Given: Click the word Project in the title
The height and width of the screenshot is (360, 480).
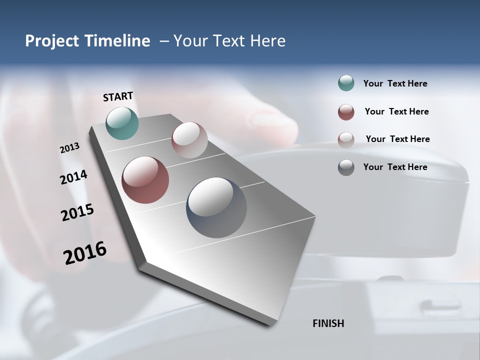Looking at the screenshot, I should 50,41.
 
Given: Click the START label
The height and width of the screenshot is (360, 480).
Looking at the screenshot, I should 118,96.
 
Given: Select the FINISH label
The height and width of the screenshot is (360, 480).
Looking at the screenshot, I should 328,323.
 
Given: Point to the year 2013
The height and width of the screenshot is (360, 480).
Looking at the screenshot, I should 69,148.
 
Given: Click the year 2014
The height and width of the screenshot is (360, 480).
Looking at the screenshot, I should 73,177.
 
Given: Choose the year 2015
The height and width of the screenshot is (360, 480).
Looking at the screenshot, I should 77,212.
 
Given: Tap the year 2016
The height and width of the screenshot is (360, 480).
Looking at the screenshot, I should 85,252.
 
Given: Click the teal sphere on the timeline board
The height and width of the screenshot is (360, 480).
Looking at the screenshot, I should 122,123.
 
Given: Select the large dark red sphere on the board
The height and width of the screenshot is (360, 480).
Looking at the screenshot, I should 145,180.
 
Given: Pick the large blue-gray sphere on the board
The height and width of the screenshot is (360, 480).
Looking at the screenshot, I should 216,207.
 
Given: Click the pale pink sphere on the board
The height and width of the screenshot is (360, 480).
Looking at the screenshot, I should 189,139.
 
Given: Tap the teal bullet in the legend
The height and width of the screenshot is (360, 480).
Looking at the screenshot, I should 346,83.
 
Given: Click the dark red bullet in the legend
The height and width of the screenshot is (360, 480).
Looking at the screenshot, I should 346,112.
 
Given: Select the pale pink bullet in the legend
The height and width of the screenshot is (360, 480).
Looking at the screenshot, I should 346,139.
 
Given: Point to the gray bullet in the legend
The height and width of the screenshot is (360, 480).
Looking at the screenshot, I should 346,167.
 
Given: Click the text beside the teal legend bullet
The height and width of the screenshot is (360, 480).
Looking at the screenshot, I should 395,84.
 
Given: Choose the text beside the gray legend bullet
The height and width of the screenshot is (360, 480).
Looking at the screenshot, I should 395,167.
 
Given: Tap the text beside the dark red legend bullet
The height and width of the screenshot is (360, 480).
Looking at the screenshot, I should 396,111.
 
